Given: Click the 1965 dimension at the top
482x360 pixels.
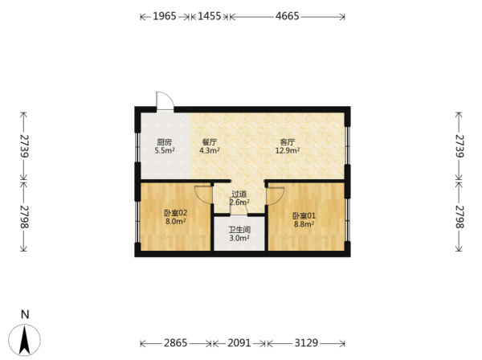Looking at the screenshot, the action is (165, 16).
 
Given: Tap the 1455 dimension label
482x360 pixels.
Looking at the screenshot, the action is (210, 16).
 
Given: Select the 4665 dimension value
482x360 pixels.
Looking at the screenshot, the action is (287, 16).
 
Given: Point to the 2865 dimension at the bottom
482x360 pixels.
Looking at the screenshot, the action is (175, 343).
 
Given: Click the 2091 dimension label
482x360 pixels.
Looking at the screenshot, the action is (239, 343).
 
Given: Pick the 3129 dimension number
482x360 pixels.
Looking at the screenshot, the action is (306, 343).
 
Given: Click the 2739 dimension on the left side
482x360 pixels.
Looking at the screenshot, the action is (23, 145).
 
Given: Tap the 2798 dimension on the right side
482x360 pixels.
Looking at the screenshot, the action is (459, 217).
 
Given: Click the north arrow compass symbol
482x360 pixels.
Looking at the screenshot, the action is (24, 340).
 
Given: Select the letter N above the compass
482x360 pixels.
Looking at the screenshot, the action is (25, 314).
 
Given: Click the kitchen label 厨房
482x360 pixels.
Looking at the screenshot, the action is (165, 142).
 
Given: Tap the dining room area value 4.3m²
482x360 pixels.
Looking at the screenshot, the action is (210, 150).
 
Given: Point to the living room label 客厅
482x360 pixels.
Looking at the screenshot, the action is (288, 142).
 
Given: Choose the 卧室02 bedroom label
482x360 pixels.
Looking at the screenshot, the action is (175, 213).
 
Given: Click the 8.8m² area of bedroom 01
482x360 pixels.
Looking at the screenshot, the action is (304, 224).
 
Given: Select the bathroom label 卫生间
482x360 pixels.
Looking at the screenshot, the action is (239, 230).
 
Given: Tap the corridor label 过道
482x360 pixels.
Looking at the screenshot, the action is (239, 194).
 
